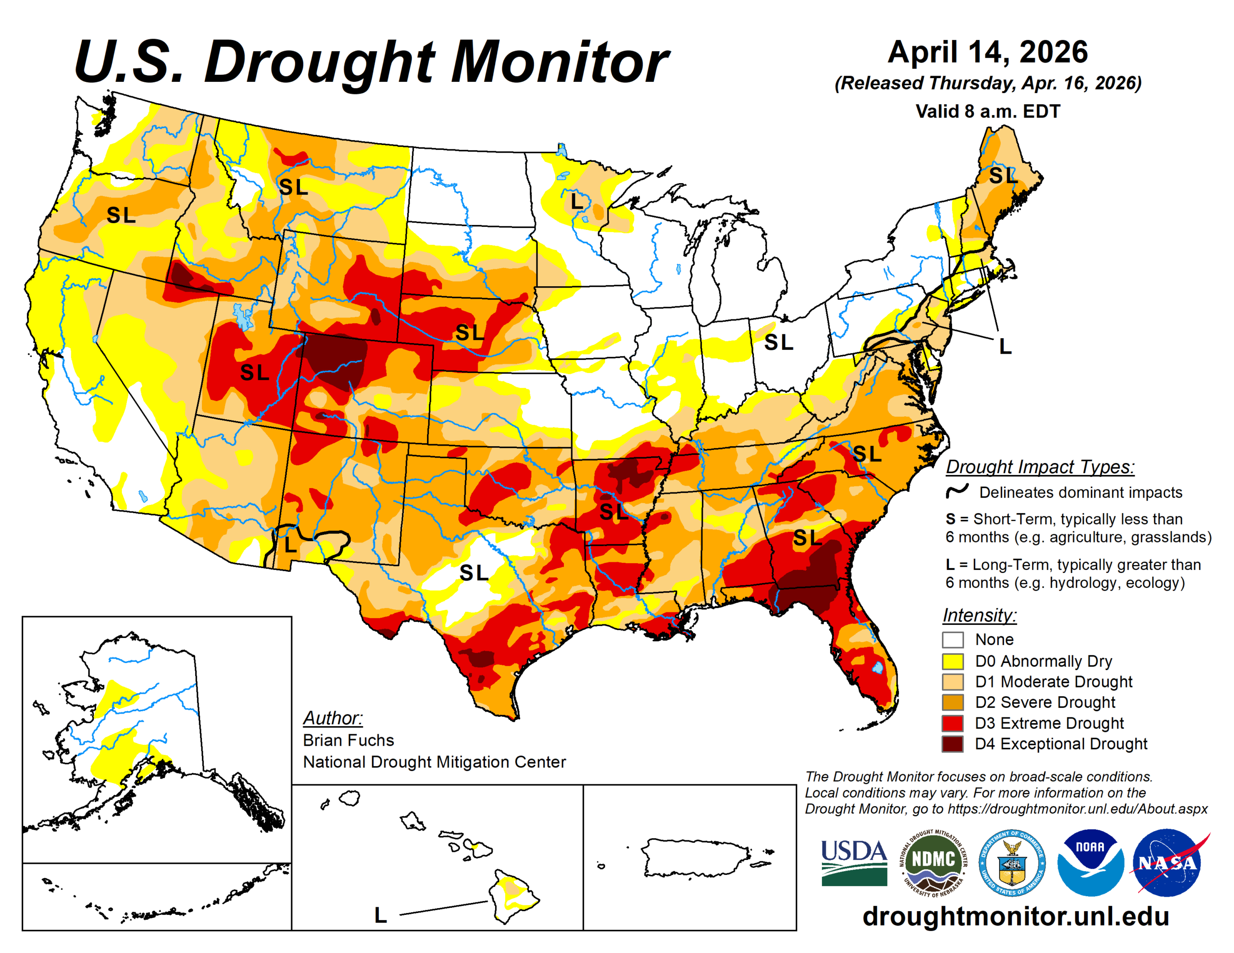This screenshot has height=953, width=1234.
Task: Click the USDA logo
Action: (x=854, y=862)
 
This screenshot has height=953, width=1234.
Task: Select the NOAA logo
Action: (x=1090, y=862)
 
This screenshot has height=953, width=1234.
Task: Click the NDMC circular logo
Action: (x=933, y=862)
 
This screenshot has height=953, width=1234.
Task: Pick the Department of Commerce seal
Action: (x=1011, y=862)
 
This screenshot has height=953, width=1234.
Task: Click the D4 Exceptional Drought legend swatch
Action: (x=952, y=743)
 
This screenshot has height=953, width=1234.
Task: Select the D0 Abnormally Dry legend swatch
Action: (x=952, y=661)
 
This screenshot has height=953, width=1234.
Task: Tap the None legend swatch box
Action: (x=952, y=640)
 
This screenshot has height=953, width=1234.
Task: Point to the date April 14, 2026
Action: (x=988, y=52)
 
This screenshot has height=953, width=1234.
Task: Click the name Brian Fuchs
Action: (x=348, y=740)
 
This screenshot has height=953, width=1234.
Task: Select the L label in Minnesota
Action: (x=577, y=201)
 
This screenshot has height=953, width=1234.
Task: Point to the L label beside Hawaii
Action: (x=380, y=915)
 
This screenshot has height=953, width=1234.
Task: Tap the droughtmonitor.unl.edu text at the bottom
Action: (x=1015, y=916)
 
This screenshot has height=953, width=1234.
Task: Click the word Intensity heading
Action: (x=979, y=615)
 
